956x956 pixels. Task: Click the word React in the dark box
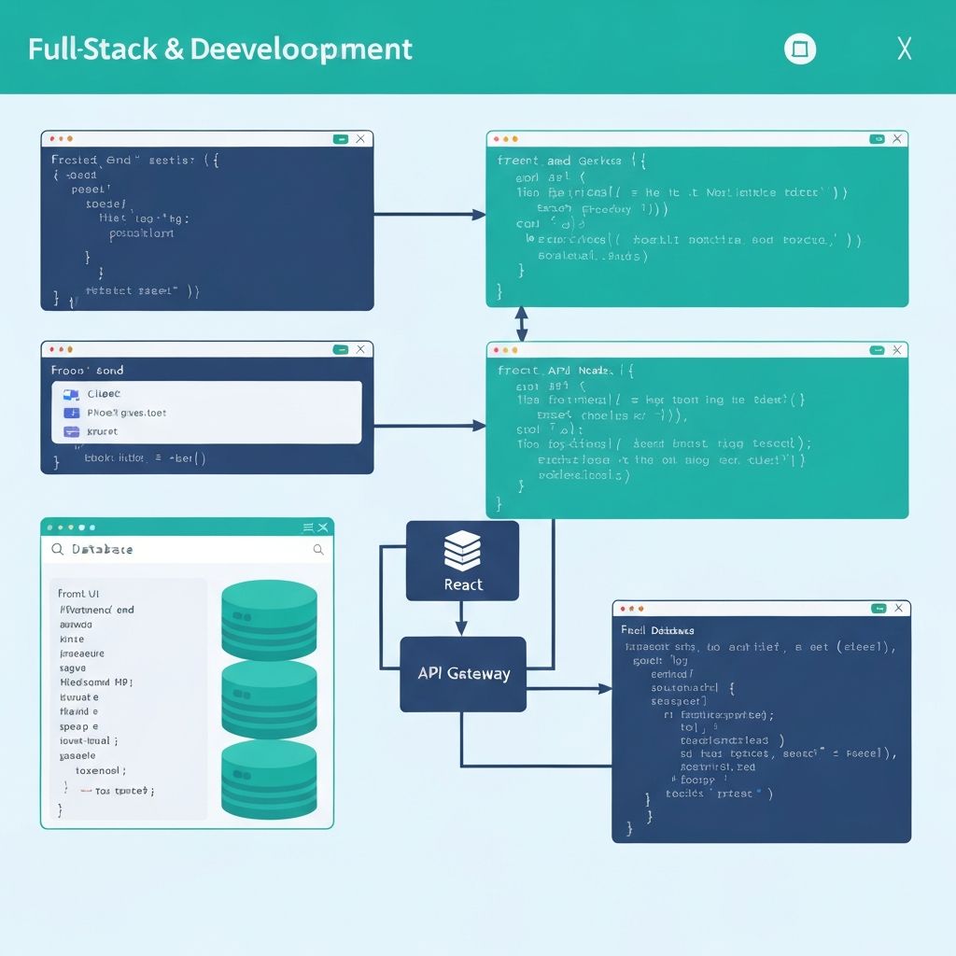tap(463, 584)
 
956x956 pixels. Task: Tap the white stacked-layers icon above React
tap(462, 551)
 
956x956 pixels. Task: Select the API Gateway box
tap(463, 673)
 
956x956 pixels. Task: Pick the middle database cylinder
tap(269, 699)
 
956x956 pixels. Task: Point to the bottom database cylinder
tap(269, 780)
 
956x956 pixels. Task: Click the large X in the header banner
tap(904, 49)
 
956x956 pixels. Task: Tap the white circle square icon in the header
tap(800, 49)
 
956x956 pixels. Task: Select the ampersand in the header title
tap(174, 49)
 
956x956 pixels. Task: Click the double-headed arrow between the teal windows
tap(521, 324)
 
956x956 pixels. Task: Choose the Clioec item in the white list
tap(104, 394)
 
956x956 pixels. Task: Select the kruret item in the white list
tap(102, 431)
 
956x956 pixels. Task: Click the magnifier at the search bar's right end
tap(318, 550)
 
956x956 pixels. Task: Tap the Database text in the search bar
tap(102, 550)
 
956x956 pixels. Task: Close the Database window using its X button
tap(322, 527)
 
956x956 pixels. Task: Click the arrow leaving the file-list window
tap(429, 426)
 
